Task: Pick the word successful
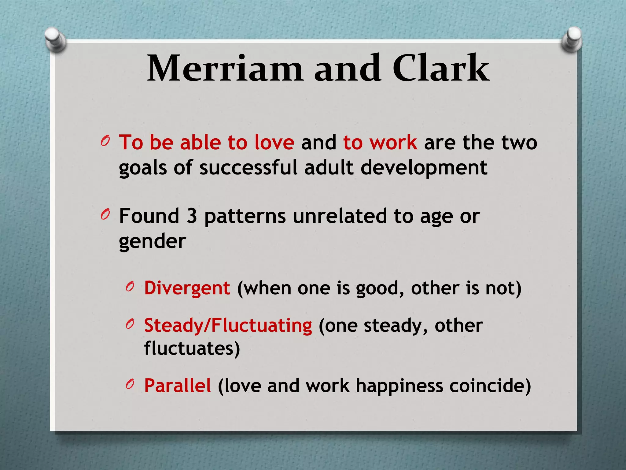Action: pos(248,168)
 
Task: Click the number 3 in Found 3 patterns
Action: pos(192,216)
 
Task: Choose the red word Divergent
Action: pos(187,288)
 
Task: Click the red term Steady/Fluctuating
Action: pos(228,326)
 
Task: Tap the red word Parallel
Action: pos(178,386)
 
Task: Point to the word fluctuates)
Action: pos(192,348)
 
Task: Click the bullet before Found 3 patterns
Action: pos(105,215)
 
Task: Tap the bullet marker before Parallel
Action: pos(130,385)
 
